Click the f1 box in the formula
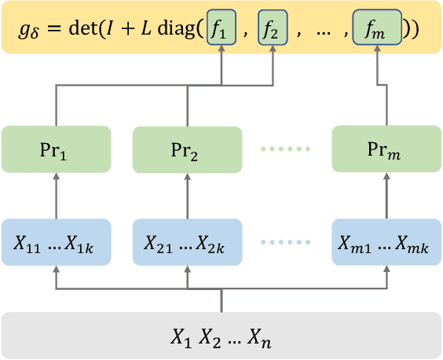(222, 30)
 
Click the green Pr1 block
(55, 149)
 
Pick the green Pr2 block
(187, 149)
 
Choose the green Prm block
(386, 149)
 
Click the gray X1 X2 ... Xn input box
(222, 336)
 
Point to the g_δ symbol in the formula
(27, 31)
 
